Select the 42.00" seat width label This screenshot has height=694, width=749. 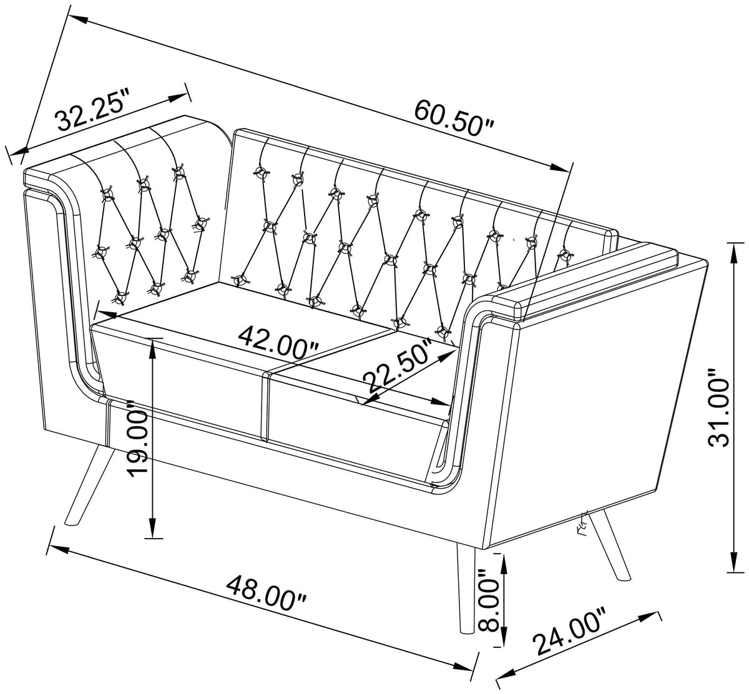[x=279, y=343]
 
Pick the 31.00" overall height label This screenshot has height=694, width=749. [x=719, y=408]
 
